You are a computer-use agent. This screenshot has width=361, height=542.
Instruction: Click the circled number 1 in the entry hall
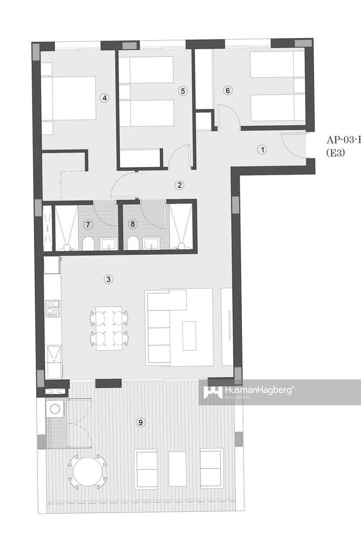[x=262, y=150]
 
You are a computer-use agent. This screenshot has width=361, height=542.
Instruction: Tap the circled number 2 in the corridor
[x=180, y=184]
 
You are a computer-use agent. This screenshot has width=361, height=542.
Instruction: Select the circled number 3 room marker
[x=108, y=279]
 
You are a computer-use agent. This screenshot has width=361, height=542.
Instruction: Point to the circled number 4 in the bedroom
[x=105, y=98]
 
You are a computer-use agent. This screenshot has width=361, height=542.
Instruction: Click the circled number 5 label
[x=182, y=91]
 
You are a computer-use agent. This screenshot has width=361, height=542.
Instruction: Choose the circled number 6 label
[x=228, y=91]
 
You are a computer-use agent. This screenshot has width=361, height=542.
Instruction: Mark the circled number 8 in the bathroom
[x=132, y=224]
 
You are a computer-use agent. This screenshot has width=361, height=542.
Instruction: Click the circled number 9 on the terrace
[x=141, y=422]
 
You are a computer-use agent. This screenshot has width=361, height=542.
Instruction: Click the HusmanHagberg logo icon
[x=213, y=392]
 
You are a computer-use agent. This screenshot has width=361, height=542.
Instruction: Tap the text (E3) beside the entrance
[x=335, y=153]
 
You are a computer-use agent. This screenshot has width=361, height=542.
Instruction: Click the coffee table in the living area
[x=189, y=336]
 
